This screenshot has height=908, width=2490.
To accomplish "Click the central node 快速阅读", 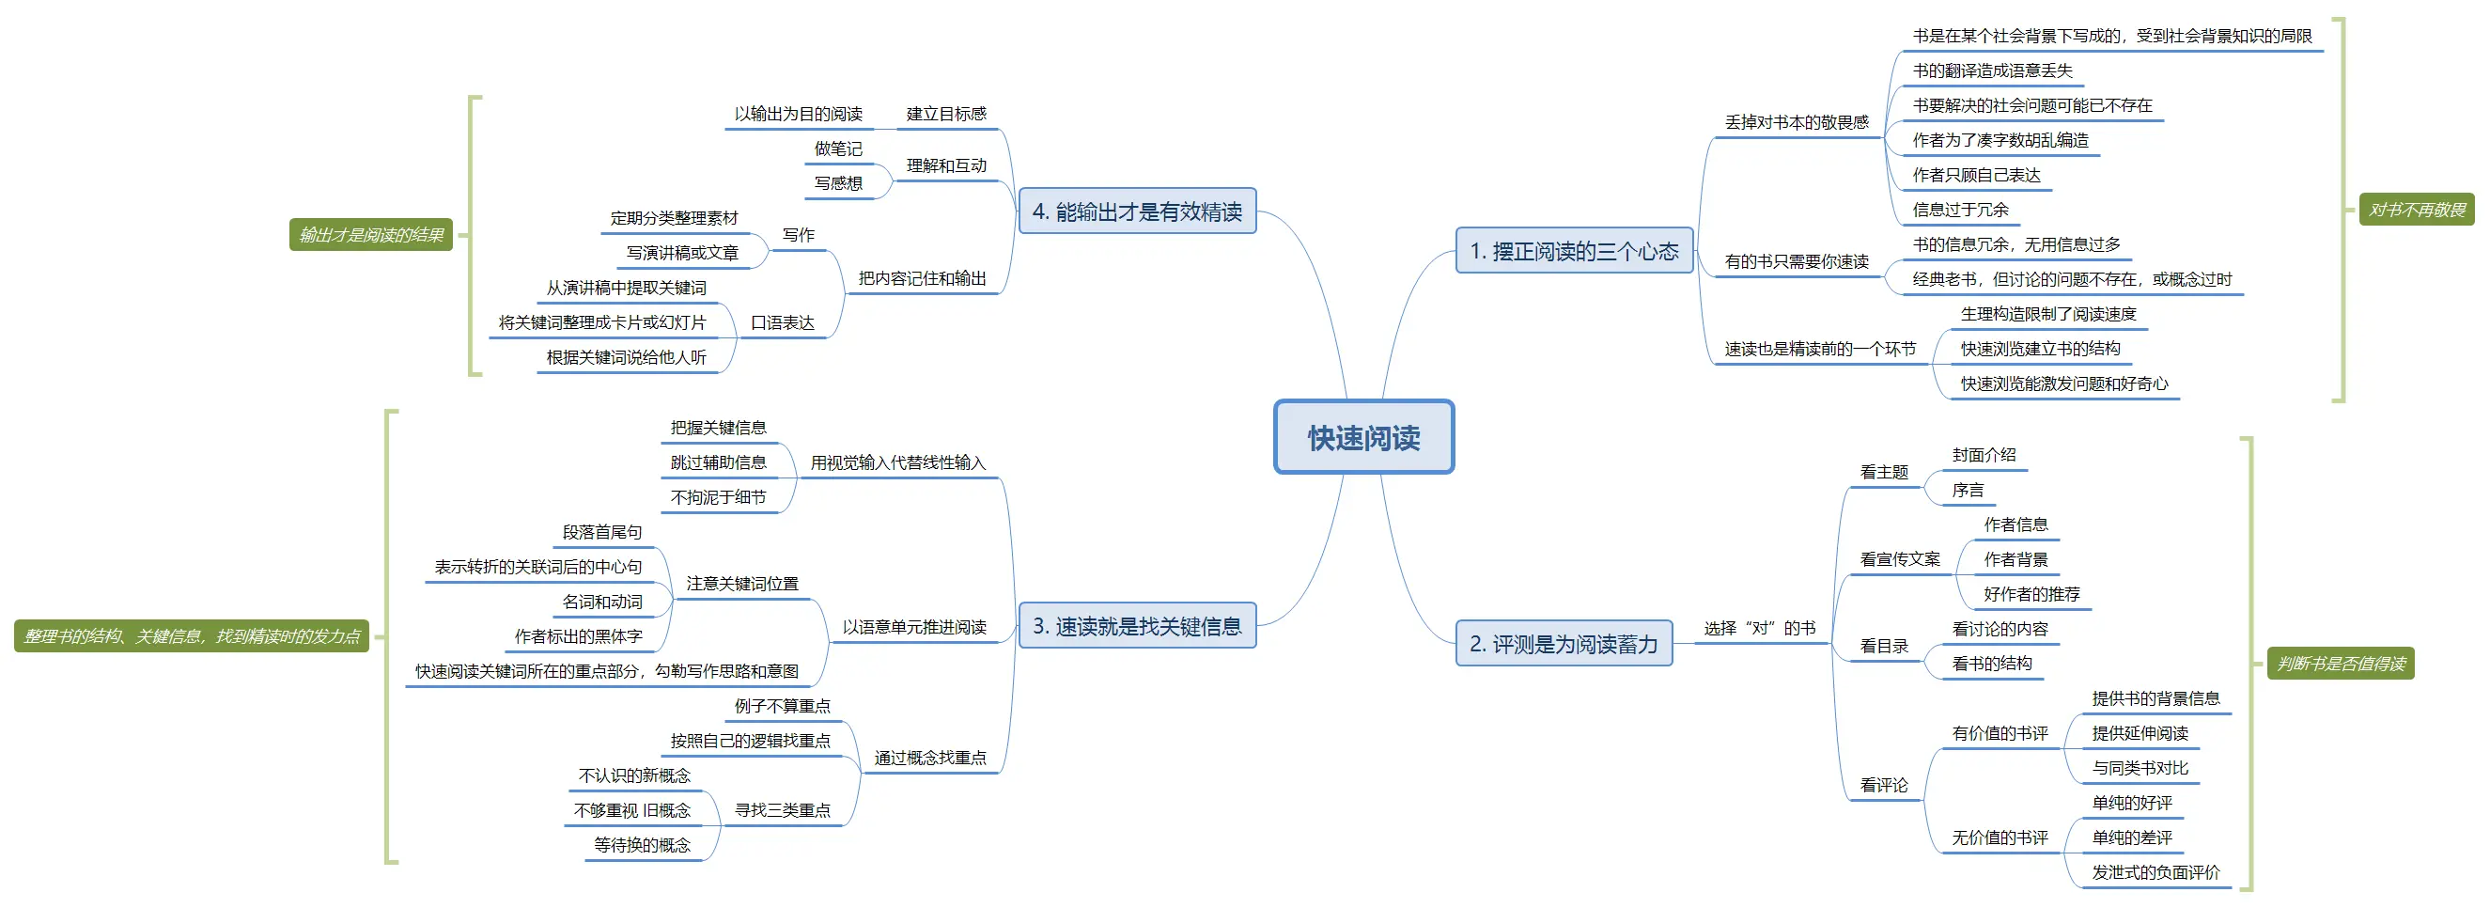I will [1363, 437].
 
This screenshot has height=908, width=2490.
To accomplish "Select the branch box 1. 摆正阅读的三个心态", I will [1574, 251].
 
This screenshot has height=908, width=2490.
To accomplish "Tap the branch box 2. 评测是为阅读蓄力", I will [1563, 644].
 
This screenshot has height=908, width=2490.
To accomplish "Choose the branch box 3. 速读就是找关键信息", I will [1137, 626].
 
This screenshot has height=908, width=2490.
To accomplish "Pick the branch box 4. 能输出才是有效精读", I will [1137, 211].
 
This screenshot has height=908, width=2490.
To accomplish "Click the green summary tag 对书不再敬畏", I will [2417, 210].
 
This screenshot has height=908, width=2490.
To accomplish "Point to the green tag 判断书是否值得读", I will [2341, 664].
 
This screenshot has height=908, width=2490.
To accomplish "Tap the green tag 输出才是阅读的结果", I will [371, 235].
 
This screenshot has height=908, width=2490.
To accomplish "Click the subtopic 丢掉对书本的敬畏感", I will [1796, 123].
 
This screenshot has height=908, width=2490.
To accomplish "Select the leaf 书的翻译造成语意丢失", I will [1992, 70].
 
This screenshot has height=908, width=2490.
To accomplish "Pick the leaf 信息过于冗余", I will [1959, 210].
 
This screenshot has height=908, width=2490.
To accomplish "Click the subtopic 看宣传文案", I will [1899, 559].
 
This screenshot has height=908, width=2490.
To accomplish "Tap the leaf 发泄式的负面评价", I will [2155, 872].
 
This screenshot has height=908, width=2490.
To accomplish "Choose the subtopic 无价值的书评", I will [1999, 838].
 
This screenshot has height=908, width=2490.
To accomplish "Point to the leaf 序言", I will [1967, 491].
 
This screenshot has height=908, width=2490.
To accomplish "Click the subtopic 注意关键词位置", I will [741, 583].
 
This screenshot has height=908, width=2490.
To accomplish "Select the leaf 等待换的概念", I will [642, 845].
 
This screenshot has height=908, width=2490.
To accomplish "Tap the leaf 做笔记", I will [837, 149].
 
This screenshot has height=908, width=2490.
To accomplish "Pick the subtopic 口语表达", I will [782, 323].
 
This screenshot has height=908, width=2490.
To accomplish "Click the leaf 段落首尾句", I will [601, 532].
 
